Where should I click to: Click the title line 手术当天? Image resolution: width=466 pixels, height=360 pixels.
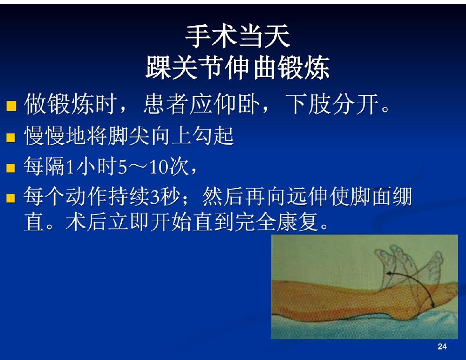(237, 36)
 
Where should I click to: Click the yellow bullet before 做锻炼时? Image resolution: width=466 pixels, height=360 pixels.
(11, 106)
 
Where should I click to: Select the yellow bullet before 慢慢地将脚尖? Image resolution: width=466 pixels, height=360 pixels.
(11, 138)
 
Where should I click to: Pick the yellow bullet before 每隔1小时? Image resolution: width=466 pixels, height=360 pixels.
(11, 168)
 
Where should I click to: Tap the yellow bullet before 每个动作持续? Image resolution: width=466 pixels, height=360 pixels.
(11, 198)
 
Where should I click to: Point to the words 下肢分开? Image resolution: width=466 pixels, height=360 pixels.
(332, 104)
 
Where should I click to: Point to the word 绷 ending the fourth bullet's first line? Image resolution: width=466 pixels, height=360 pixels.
(403, 196)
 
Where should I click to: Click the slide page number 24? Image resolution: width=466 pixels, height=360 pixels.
(442, 346)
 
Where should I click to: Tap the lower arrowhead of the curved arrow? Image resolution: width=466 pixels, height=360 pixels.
(433, 305)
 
